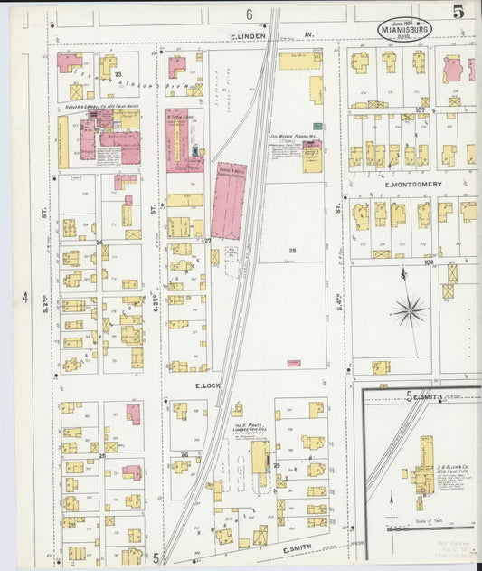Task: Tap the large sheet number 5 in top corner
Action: pos(459,12)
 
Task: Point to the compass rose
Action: pos(409,311)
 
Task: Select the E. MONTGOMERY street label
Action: pos(412,184)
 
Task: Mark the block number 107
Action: pos(421,110)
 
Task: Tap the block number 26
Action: pos(184,455)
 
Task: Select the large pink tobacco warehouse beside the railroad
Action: pos(229,200)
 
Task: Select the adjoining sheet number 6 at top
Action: pos(248,14)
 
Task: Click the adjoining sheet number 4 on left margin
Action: pos(25,298)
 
